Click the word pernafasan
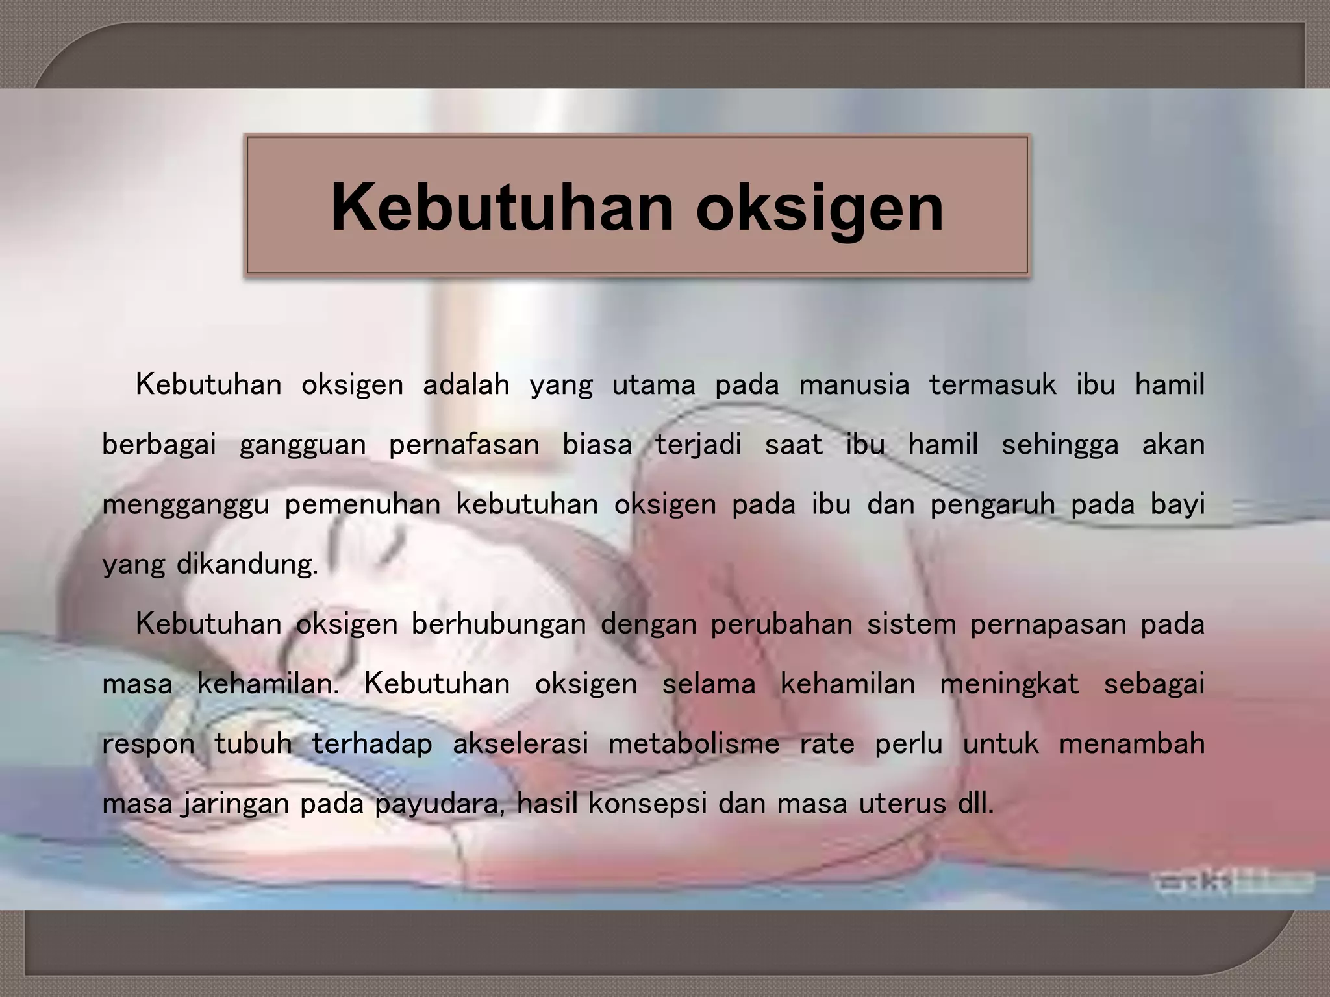click(x=464, y=445)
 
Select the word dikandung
click(x=247, y=565)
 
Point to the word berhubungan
click(x=498, y=624)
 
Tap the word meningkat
click(x=1009, y=683)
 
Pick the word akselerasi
click(x=520, y=744)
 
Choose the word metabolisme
click(x=694, y=744)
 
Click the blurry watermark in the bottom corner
click(x=1231, y=882)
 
